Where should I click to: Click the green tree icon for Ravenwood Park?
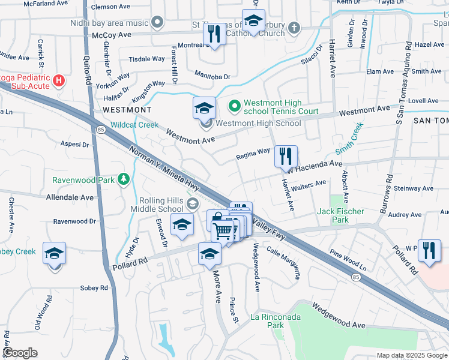(123, 179)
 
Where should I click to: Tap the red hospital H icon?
(58, 79)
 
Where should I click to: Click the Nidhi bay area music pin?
(157, 23)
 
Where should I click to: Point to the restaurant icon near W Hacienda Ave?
(286, 156)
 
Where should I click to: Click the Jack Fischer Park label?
(341, 215)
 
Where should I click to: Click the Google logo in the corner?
(20, 353)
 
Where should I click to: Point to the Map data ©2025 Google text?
(411, 355)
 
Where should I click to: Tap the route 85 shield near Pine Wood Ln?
(357, 277)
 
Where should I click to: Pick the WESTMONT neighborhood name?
(127, 110)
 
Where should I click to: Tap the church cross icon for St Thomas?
(294, 27)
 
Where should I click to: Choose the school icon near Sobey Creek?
(54, 254)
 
